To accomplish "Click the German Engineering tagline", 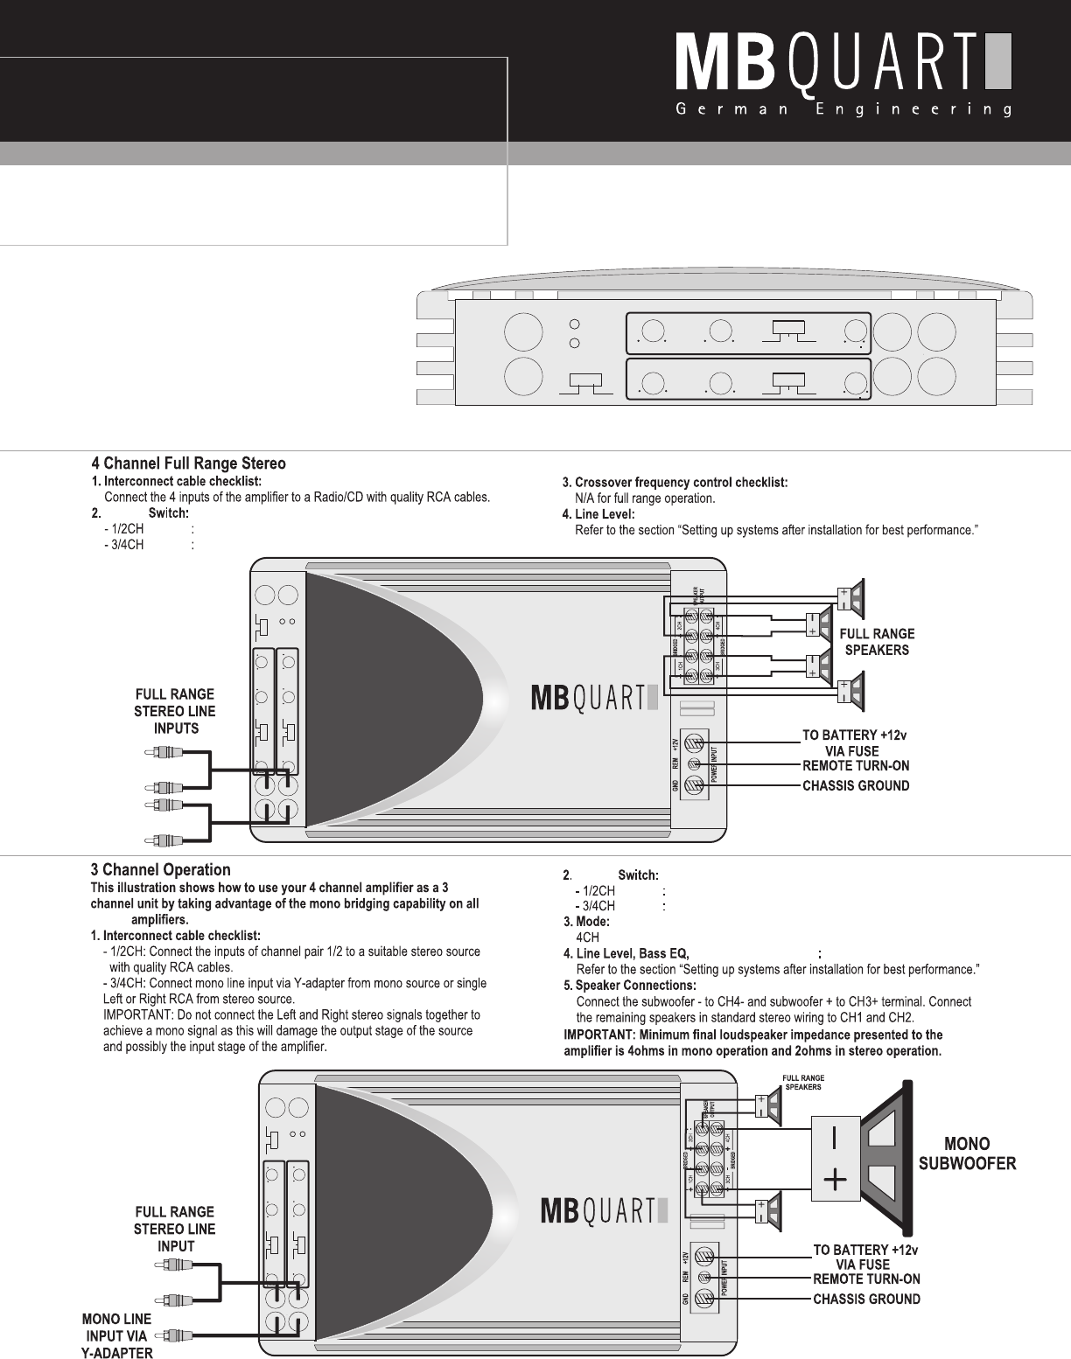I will point(843,111).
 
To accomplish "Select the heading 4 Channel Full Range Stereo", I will point(189,463).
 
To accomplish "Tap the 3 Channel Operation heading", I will point(161,870).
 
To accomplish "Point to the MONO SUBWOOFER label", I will point(966,1153).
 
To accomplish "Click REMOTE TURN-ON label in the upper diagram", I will point(856,765).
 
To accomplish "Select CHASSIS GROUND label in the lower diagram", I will point(866,1299).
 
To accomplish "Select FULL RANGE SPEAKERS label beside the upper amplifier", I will point(877,641).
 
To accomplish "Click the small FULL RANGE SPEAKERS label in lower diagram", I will point(802,1082).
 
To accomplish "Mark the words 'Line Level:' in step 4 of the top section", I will point(604,514).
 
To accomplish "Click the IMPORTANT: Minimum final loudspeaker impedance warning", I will point(752,1043).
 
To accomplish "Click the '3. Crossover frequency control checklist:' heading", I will point(675,482).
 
